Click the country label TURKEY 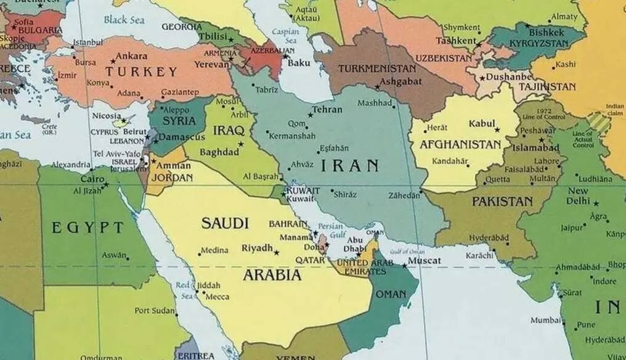click(141, 72)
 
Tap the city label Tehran click(326, 110)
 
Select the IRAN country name click(350, 165)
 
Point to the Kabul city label click(482, 124)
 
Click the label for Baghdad click(219, 152)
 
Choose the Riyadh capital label click(257, 248)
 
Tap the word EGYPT click(87, 227)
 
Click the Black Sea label click(124, 20)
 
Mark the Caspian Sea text click(285, 35)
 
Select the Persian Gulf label click(331, 230)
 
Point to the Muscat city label click(425, 261)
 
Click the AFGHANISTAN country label click(460, 145)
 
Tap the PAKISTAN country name click(502, 202)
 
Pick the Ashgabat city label click(402, 81)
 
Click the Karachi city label click(479, 255)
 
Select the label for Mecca click(217, 297)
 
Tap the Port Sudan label click(155, 310)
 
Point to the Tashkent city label click(457, 41)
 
